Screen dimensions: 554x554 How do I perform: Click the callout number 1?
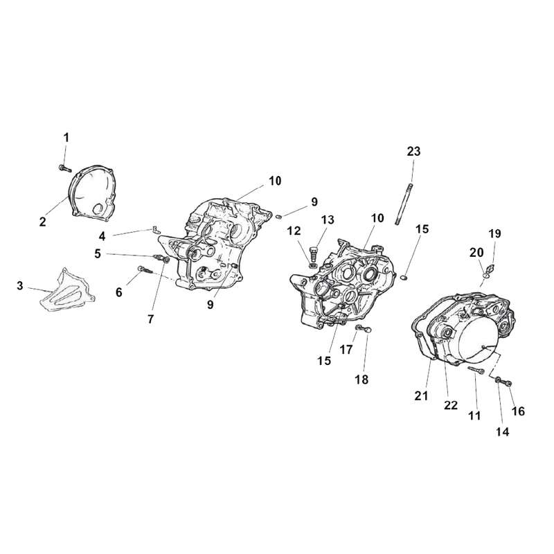(x=66, y=138)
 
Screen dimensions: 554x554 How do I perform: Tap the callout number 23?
(x=413, y=151)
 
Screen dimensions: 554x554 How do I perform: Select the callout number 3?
(x=20, y=285)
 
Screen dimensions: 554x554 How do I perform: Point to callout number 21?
(x=421, y=396)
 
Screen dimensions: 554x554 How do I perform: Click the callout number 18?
(x=362, y=379)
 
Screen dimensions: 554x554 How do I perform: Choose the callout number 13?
(x=327, y=220)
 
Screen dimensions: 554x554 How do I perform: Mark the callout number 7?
(x=151, y=319)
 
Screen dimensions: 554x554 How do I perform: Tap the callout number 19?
(x=494, y=233)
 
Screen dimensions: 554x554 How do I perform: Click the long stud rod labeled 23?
(x=404, y=204)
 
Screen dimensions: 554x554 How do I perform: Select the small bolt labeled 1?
(x=64, y=168)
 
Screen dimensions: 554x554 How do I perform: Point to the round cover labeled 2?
(x=93, y=194)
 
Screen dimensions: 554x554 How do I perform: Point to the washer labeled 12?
(x=313, y=265)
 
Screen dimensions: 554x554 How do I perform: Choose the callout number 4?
(x=102, y=236)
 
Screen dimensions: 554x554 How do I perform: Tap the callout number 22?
(x=451, y=405)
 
